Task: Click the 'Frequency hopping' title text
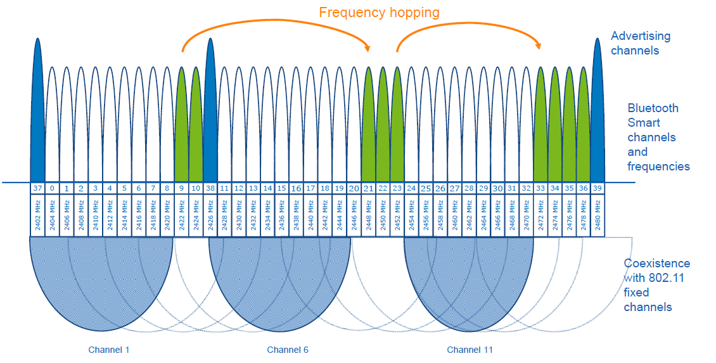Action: (379, 12)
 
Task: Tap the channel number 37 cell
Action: (37, 188)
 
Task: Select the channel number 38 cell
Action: (210, 188)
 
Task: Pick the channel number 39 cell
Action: (597, 188)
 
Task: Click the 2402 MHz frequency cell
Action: (37, 215)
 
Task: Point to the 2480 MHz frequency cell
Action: (597, 215)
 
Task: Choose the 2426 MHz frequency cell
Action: (210, 215)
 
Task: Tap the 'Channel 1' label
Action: (109, 350)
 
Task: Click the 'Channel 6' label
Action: (288, 350)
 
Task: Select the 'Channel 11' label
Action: (470, 350)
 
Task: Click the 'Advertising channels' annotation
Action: (640, 43)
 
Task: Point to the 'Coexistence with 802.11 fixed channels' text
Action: (656, 285)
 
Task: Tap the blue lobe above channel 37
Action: (37, 114)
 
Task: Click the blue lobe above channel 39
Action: (597, 114)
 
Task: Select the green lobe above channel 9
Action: (181, 127)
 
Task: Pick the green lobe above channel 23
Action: (397, 127)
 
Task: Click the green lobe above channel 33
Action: (540, 127)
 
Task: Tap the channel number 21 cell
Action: (368, 188)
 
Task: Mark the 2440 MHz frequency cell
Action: (310, 215)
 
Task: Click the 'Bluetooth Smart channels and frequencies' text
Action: (658, 137)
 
